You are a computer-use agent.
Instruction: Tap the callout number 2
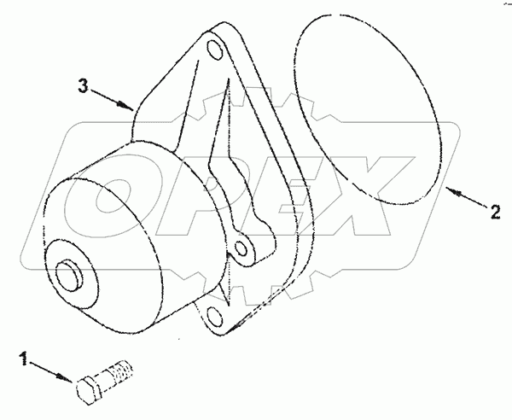(494, 213)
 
